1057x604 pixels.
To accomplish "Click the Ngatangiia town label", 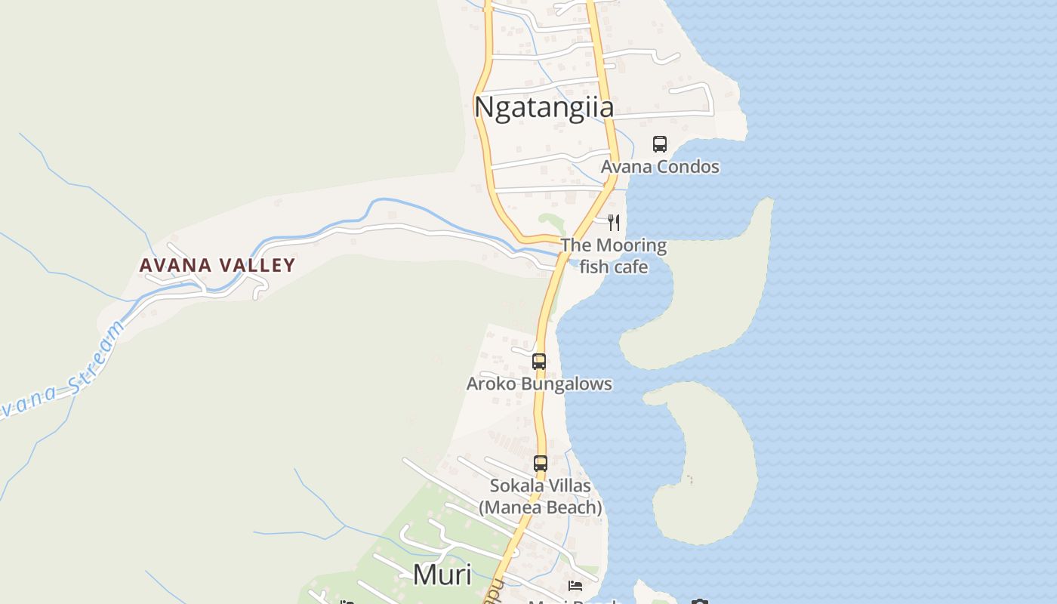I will [544, 107].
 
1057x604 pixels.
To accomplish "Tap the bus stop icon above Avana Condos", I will [660, 143].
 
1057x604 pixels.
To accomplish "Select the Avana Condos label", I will [660, 167].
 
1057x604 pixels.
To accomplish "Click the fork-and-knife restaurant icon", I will [614, 222].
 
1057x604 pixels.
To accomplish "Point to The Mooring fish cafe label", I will [613, 256].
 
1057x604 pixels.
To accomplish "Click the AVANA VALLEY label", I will [217, 265].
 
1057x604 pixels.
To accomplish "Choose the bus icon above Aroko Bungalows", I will [538, 361].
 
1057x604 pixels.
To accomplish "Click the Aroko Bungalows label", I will [539, 384].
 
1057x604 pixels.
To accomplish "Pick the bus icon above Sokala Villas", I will [541, 463].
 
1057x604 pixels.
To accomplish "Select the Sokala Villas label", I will [540, 485].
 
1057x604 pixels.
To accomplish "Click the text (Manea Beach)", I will [540, 507].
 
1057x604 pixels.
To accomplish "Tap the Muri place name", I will [442, 575].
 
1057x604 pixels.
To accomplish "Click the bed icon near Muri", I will [575, 586].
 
